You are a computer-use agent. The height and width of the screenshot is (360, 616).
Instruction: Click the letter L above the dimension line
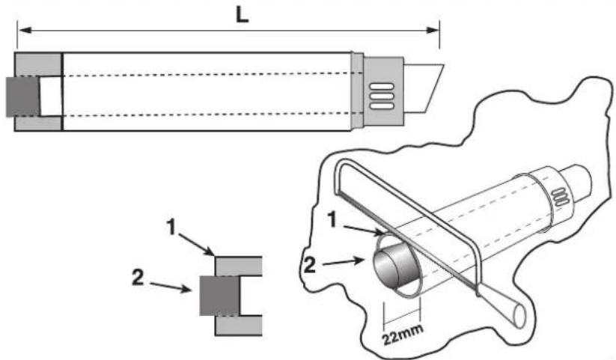tap(242, 15)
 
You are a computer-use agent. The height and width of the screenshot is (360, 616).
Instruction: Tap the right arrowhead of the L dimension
tap(433, 30)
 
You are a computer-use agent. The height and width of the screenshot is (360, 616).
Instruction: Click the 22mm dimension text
tap(403, 334)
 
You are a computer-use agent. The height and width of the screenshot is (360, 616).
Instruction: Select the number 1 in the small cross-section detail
tap(171, 228)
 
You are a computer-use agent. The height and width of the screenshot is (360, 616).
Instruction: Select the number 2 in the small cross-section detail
tap(138, 278)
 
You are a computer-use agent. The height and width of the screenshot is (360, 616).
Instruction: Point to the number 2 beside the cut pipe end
tap(310, 266)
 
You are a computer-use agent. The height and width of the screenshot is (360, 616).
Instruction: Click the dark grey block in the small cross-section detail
tap(219, 296)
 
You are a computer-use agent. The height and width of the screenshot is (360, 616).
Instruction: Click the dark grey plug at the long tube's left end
tap(22, 97)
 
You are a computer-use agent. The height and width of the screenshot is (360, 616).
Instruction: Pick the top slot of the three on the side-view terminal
tap(382, 87)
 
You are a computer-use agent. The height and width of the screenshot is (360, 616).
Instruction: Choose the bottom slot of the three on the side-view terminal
tap(382, 106)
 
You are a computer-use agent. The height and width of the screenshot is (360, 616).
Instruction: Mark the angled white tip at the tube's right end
tap(424, 88)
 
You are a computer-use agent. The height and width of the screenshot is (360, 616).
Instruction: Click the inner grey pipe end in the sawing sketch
tap(394, 266)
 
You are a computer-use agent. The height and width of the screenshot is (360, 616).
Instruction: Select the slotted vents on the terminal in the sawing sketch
tap(561, 197)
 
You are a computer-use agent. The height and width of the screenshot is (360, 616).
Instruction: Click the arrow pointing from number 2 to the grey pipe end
tap(343, 262)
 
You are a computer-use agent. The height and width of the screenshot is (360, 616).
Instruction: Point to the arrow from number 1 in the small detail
tap(196, 245)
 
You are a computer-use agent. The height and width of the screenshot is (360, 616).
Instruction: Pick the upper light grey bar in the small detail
tap(238, 266)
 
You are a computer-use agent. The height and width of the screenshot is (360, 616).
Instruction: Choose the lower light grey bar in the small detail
tap(238, 326)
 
